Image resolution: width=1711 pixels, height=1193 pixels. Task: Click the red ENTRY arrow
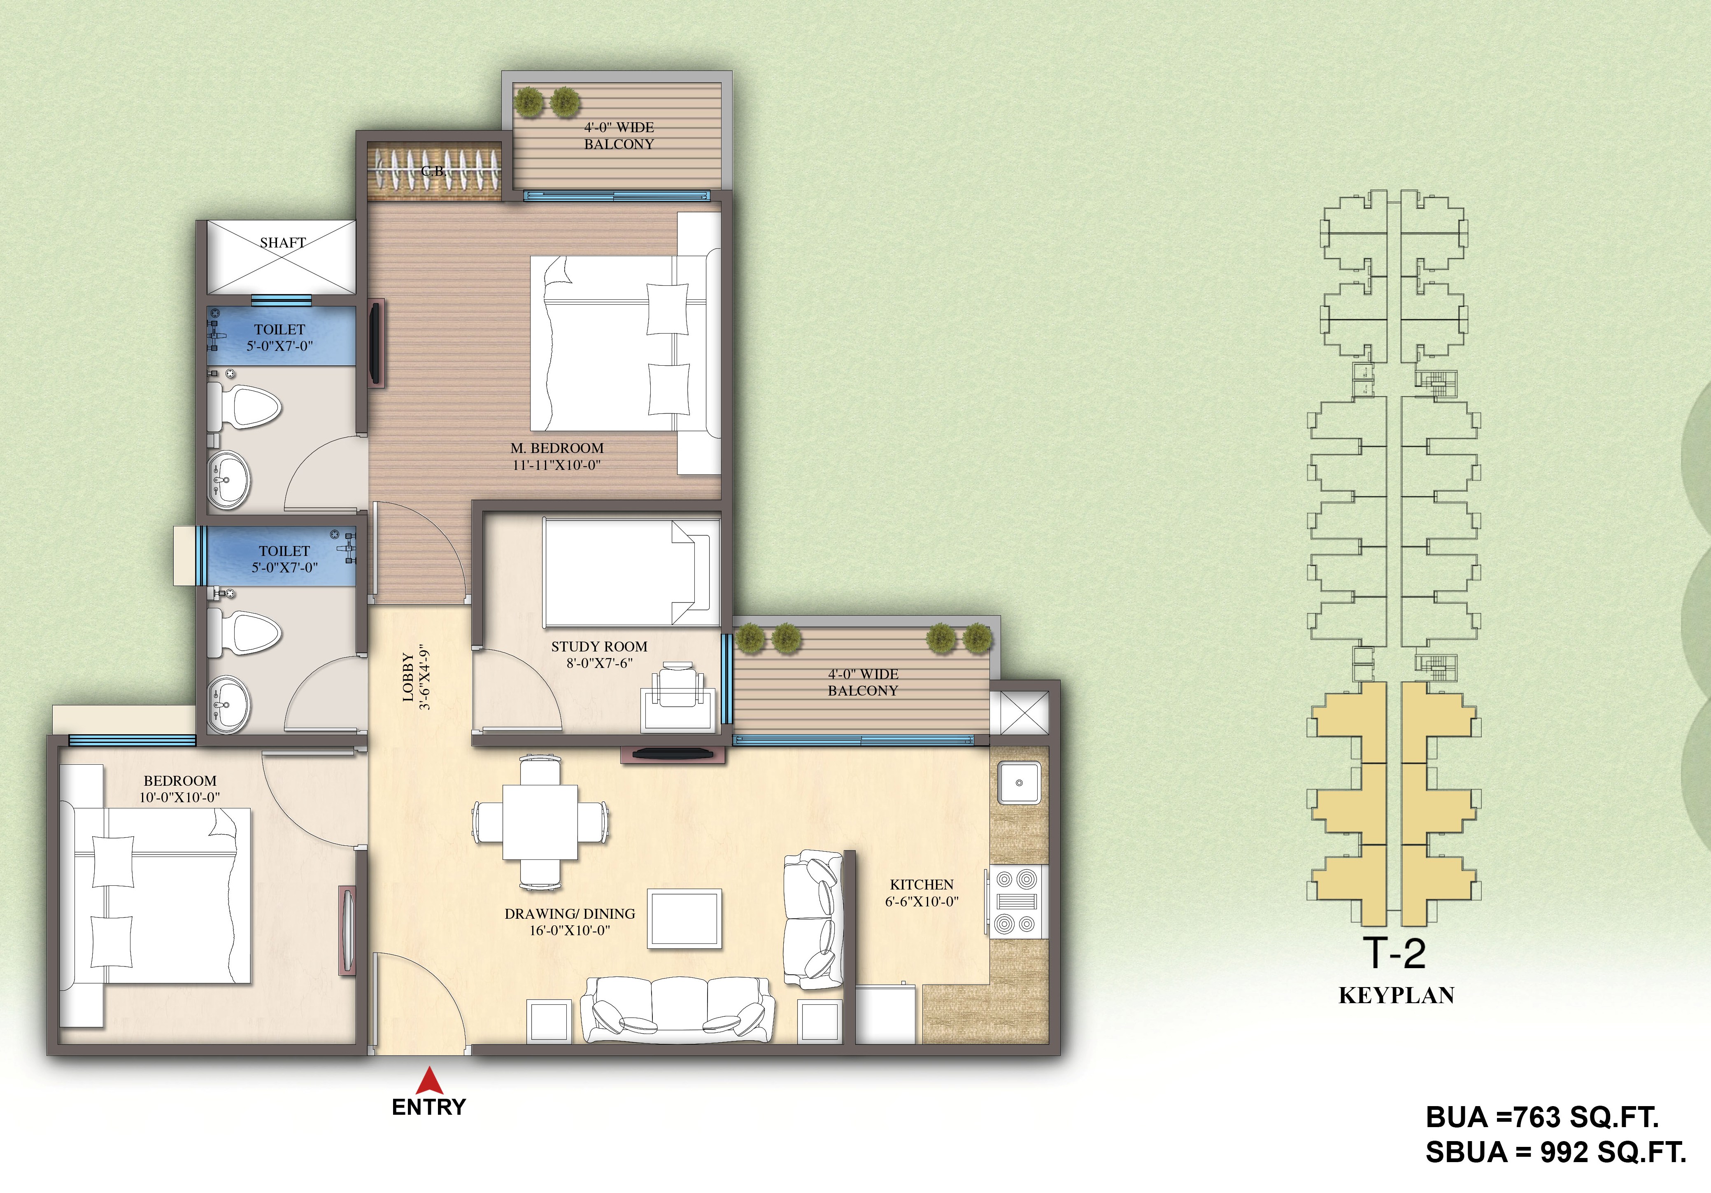point(429,1081)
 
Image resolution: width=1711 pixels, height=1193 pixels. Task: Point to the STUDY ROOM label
point(599,647)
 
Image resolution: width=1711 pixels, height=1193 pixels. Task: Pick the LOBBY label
point(407,678)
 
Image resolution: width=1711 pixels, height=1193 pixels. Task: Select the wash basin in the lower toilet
point(229,705)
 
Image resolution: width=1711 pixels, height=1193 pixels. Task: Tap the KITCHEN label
point(922,884)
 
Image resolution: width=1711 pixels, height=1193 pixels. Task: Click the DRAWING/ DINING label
point(570,913)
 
